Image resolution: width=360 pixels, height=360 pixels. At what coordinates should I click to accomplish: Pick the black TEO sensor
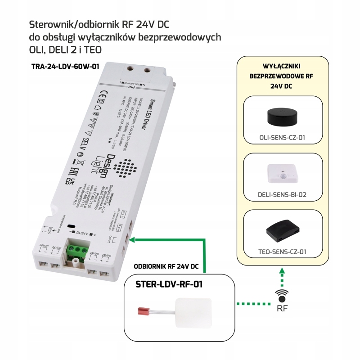pos(282,230)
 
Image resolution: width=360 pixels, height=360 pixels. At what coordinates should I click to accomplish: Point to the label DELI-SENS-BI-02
pos(282,195)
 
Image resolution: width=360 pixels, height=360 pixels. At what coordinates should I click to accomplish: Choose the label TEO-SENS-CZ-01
pos(282,252)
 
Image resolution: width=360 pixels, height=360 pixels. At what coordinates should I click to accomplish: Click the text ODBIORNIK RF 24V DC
pos(166,266)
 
